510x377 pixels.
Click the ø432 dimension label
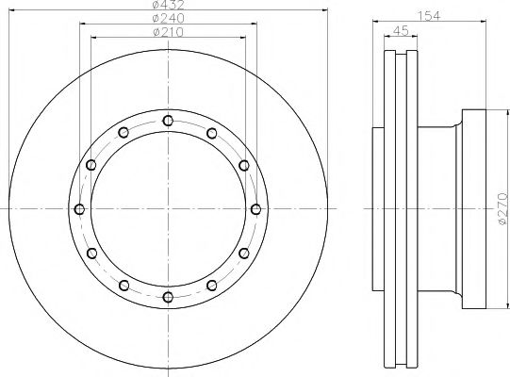(168, 5)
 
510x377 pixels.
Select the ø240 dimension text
(168, 18)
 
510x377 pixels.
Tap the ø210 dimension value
(168, 32)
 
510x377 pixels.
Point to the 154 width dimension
(429, 16)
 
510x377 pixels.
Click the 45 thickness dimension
(401, 31)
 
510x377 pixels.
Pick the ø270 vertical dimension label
(502, 208)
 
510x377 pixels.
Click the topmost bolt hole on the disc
(168, 121)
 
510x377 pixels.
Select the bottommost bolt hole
(168, 297)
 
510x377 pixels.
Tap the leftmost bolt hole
(79, 209)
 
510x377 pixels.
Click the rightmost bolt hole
(256, 209)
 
